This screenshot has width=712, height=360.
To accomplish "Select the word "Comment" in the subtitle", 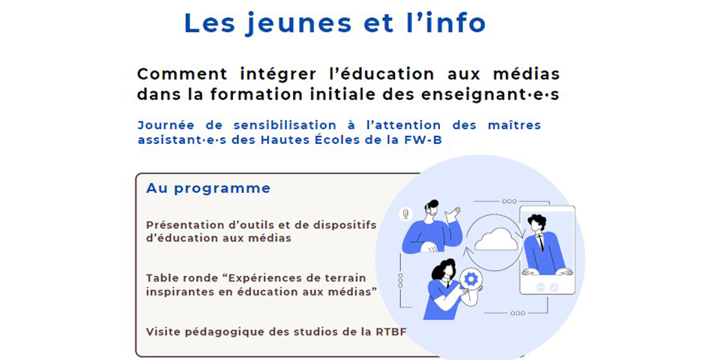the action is (182, 73).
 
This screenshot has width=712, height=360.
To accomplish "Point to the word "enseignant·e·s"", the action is (490, 94).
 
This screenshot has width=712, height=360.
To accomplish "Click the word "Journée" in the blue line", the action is (166, 125).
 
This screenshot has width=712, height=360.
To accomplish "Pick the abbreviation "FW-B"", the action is (423, 139).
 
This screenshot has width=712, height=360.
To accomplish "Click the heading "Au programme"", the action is (208, 189).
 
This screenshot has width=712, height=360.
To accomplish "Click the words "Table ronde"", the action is (185, 277).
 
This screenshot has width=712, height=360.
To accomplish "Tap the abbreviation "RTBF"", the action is (391, 331).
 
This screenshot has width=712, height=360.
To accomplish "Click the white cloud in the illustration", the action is (496, 240).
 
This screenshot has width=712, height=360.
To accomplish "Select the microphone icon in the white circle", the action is (405, 214).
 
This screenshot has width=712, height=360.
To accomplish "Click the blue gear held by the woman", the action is (471, 279).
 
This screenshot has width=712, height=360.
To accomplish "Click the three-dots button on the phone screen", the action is (540, 287).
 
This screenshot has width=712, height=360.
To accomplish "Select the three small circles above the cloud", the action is (509, 201).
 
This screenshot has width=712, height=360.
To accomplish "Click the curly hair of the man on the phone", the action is (537, 221).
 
